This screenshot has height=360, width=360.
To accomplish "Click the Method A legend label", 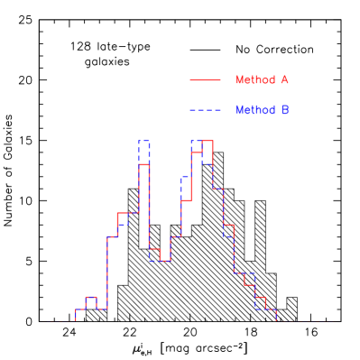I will click(261, 80).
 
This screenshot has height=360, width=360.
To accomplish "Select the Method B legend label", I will click(261, 110).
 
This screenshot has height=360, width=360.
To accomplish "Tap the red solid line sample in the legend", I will click(205, 80).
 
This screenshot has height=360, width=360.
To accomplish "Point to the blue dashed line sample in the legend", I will click(205, 110).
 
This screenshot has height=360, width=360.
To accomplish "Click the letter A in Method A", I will click(283, 80).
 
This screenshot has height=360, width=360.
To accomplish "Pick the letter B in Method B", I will click(283, 110).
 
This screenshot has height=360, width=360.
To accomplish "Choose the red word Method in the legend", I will click(254, 80).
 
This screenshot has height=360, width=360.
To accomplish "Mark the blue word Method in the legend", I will click(254, 110).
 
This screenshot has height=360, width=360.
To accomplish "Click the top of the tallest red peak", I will click(208, 142).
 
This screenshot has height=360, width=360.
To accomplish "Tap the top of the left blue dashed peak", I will click(144, 142).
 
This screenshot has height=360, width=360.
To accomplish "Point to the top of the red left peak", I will click(144, 164).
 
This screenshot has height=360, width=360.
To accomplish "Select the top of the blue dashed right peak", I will click(197, 142).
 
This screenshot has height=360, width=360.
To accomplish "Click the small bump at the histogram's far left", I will click(91, 297).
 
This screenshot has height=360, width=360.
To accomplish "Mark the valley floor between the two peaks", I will click(165, 261).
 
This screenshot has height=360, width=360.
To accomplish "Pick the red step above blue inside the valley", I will click(154, 249).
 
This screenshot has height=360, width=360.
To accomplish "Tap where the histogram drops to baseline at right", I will click(275, 315).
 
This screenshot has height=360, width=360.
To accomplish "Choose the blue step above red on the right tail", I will click(249, 272).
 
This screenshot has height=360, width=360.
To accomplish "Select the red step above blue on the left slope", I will click(124, 214).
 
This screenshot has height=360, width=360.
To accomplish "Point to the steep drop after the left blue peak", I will click(150, 198).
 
